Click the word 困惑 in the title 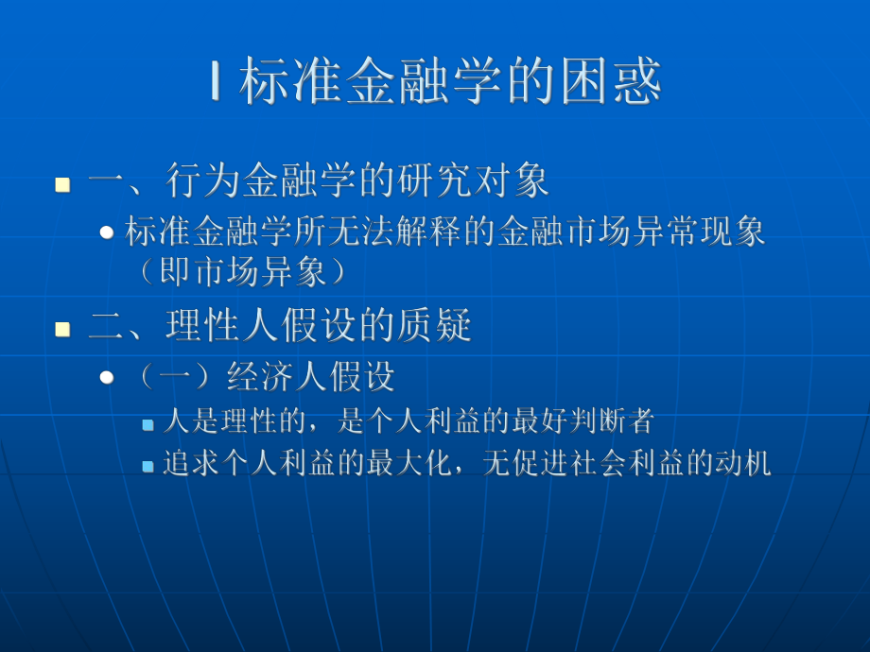point(618,82)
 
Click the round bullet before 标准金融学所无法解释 point(108,232)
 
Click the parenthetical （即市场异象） point(241,272)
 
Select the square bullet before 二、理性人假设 point(63,329)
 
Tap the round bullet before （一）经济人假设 point(108,378)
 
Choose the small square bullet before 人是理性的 point(148,424)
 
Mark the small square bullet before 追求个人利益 point(148,466)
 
